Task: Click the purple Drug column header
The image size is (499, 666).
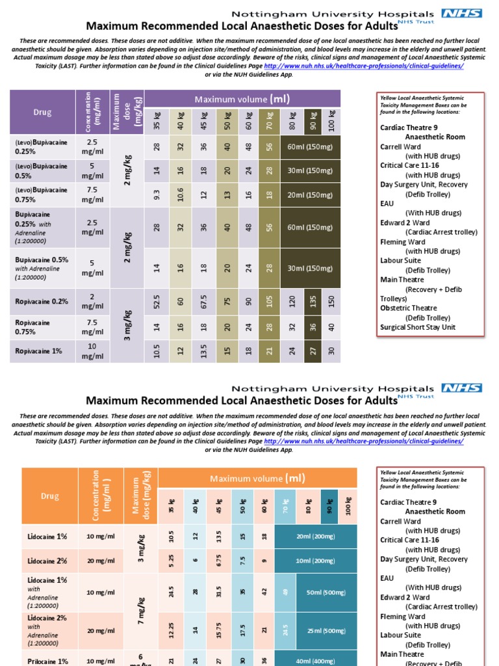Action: pyautogui.click(x=42, y=113)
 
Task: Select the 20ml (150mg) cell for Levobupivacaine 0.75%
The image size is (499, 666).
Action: pyautogui.click(x=310, y=194)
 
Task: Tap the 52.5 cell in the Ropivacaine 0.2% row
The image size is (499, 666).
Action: pyautogui.click(x=157, y=302)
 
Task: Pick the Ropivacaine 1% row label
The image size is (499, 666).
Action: pyautogui.click(x=39, y=351)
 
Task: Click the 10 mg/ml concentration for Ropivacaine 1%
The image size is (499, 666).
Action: pyautogui.click(x=92, y=351)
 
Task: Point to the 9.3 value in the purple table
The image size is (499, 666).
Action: pyautogui.click(x=157, y=194)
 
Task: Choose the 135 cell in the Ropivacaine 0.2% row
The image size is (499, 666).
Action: pyautogui.click(x=313, y=302)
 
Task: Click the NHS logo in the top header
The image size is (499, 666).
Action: pyautogui.click(x=461, y=14)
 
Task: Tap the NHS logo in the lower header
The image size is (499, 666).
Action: pyautogui.click(x=461, y=388)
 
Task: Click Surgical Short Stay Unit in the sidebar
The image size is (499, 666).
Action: pyautogui.click(x=419, y=327)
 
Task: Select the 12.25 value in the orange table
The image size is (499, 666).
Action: pyautogui.click(x=172, y=630)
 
